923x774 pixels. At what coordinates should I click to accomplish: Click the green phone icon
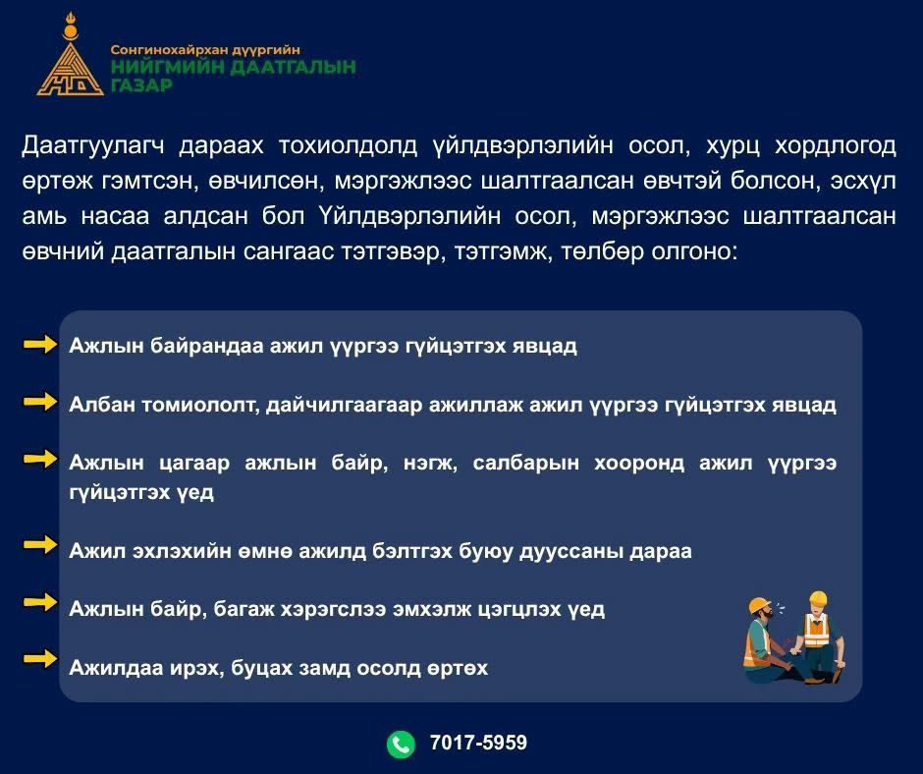(401, 744)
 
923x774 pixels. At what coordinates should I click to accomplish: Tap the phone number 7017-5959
(478, 743)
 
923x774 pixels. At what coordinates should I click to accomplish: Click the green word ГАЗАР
(141, 85)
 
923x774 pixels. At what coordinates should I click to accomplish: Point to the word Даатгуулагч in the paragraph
(93, 145)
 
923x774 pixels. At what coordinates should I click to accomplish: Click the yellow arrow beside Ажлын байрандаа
(40, 344)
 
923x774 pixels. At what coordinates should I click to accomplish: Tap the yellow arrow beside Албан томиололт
(40, 402)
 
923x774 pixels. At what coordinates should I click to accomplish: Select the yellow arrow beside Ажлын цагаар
(40, 459)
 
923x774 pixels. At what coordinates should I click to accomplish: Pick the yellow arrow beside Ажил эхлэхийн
(40, 545)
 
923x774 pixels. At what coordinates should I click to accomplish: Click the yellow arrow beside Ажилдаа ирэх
(40, 659)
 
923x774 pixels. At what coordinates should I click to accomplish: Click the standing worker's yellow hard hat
(818, 599)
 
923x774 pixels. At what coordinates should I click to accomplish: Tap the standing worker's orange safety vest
(817, 630)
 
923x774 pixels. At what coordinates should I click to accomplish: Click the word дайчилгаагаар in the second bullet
(345, 406)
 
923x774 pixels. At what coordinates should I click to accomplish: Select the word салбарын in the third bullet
(525, 463)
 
